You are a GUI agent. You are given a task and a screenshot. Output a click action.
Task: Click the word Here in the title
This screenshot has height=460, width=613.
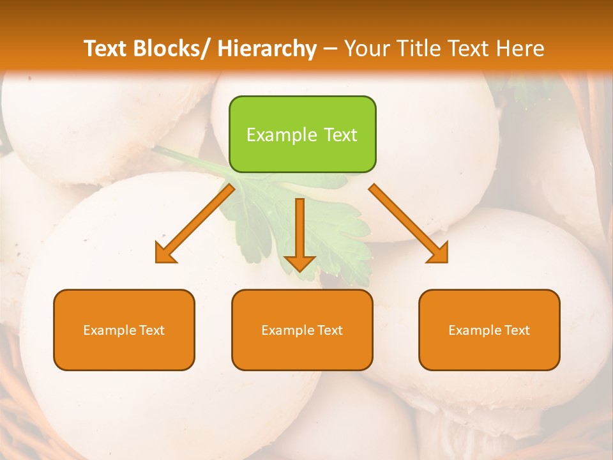click(x=520, y=49)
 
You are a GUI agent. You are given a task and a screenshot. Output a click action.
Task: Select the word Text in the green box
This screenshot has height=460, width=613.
click(x=340, y=135)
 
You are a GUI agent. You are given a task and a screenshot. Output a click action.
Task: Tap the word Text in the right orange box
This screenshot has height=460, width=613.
click(x=517, y=330)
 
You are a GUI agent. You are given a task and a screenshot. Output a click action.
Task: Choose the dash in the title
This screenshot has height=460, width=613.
click(x=330, y=49)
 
